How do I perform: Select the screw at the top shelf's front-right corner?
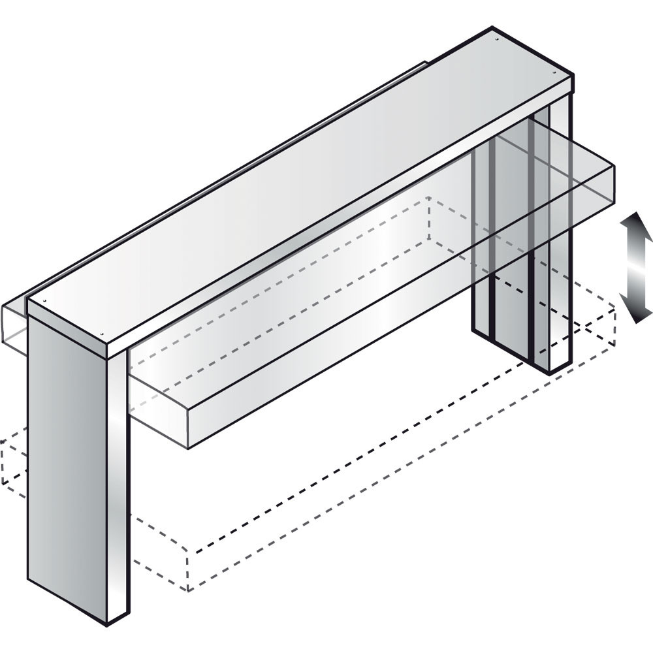(x=556, y=73)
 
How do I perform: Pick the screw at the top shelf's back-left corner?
(x=44, y=302)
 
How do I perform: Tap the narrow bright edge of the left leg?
(x=118, y=483)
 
